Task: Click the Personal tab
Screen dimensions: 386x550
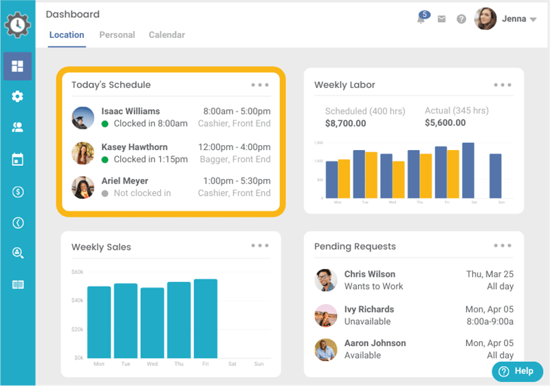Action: click(117, 35)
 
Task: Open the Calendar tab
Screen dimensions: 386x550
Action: click(166, 35)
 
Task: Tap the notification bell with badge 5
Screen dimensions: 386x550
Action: click(421, 19)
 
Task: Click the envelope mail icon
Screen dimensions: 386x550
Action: click(441, 19)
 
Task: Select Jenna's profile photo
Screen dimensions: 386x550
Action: click(485, 19)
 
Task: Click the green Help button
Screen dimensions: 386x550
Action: click(517, 371)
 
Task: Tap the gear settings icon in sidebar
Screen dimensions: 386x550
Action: click(17, 97)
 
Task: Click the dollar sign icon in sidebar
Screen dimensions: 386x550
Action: click(18, 192)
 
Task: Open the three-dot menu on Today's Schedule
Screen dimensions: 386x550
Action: click(260, 85)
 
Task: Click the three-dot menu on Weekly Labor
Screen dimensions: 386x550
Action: click(503, 85)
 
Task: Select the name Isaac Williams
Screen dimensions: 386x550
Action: click(131, 111)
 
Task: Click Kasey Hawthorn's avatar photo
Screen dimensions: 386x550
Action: click(83, 153)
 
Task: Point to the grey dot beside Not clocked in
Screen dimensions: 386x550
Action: click(105, 193)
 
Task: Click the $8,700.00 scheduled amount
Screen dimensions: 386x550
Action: click(345, 123)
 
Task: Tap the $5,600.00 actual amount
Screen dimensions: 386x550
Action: click(445, 123)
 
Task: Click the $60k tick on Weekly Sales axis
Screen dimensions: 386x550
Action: click(77, 272)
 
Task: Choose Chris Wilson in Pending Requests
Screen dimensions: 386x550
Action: click(370, 274)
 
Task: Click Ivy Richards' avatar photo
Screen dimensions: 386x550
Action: click(326, 315)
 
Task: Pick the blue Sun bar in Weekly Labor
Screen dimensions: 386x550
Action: click(495, 175)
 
